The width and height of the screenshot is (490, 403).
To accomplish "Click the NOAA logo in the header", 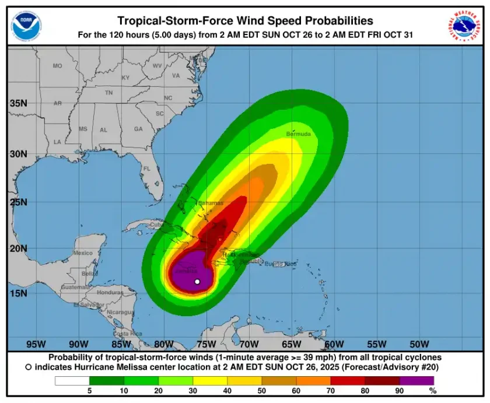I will click(26, 26).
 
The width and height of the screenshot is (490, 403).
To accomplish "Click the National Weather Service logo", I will click(464, 26).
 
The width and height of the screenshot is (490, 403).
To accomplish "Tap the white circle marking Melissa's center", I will click(197, 282).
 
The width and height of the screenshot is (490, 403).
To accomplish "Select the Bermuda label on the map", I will click(299, 134).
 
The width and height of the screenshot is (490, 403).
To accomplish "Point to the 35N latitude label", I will click(19, 103).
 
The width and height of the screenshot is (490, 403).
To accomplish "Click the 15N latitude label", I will click(19, 293).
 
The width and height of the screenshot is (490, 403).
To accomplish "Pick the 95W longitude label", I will click(36, 344).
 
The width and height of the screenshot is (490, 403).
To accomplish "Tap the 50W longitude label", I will click(419, 344).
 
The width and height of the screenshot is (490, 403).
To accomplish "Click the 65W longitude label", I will click(292, 344).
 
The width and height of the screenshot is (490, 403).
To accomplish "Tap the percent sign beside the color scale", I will click(432, 391).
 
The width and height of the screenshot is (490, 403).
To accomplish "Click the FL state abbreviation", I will click(147, 169).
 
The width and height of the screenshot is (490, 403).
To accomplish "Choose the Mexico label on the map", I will click(83, 253).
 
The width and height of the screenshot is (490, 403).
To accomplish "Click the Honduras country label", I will click(110, 292).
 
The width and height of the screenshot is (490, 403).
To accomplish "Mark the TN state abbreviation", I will click(108, 93).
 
